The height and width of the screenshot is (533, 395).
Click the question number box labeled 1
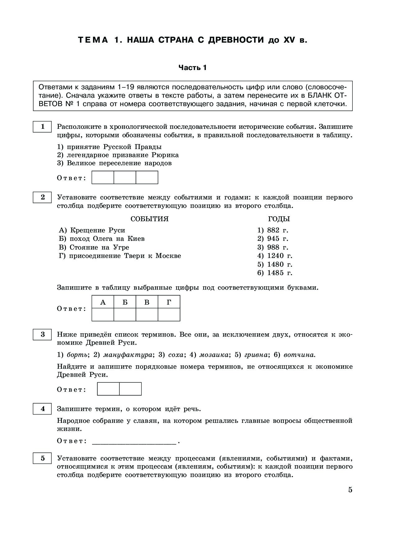[42, 127]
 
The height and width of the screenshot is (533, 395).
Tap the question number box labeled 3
[42, 334]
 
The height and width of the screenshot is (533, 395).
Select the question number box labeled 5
[42, 458]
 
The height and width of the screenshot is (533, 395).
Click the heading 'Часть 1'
[192, 68]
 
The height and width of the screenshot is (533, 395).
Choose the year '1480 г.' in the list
[275, 264]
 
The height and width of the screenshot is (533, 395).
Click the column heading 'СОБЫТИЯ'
[150, 219]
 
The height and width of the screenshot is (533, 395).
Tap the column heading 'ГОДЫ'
[279, 219]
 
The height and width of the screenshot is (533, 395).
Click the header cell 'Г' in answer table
[169, 302]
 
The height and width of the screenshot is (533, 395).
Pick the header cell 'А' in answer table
[103, 302]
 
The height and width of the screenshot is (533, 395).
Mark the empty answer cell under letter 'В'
[147, 315]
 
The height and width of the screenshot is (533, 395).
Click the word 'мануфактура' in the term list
[128, 355]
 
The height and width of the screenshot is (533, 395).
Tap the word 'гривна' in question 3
[256, 355]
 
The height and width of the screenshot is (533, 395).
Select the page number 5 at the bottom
[350, 490]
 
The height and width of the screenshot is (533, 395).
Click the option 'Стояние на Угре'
[94, 247]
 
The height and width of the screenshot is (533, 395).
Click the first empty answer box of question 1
[103, 177]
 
